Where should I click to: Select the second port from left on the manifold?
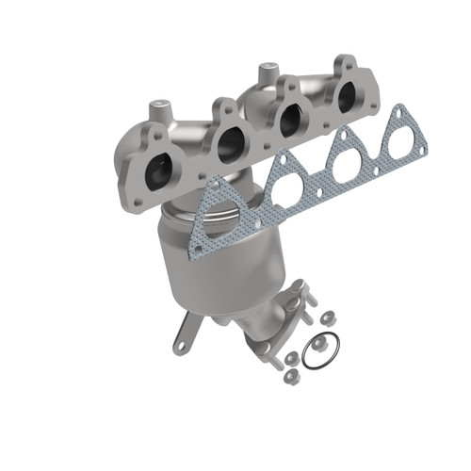(x=229, y=144)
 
